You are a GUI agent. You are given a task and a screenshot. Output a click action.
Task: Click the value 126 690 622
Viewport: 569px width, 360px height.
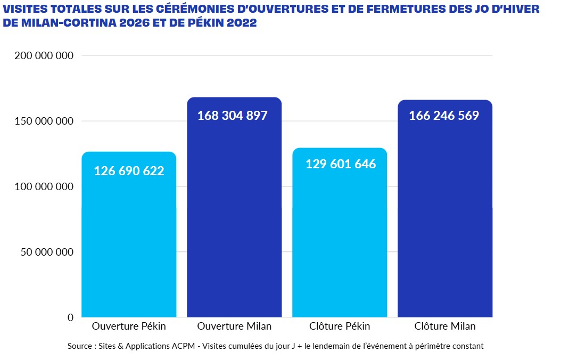[129, 171]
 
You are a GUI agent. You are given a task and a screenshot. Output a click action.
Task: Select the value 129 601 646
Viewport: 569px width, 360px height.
[341, 164]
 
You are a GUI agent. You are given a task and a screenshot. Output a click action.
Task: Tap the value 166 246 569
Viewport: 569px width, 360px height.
[444, 116]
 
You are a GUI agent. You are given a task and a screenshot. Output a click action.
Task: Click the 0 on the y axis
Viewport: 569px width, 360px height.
[70, 317]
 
